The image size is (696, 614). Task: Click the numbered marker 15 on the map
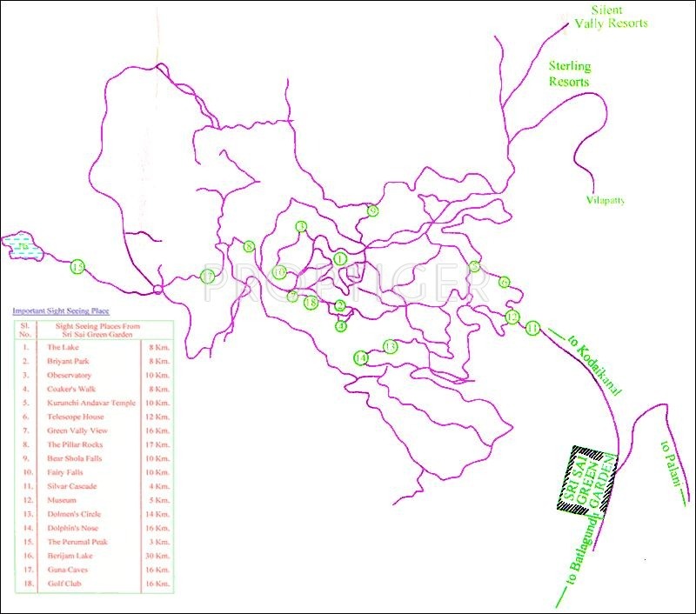(x=78, y=267)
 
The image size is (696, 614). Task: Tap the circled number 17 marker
(x=207, y=277)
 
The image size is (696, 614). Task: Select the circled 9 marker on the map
(x=372, y=210)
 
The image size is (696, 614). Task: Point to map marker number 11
(x=533, y=328)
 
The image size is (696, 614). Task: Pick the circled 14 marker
(x=360, y=357)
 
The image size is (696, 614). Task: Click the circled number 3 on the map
(x=302, y=227)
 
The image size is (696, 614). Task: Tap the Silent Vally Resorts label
(x=611, y=17)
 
